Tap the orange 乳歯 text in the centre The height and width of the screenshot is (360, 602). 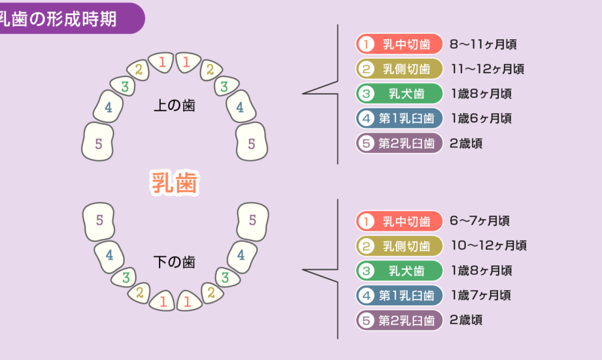174,182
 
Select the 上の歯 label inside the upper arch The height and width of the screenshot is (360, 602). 174,105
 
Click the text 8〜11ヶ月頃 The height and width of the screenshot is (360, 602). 484,44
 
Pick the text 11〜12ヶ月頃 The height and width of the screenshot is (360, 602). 487,69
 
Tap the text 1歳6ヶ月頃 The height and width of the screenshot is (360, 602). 481,118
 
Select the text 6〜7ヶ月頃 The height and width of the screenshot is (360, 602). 480,221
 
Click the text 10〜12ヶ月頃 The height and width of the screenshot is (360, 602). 488,246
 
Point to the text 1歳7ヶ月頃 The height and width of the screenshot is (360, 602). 481,295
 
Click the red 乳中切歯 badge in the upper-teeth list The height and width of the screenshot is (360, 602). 399,44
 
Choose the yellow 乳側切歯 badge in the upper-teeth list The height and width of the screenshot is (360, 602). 399,69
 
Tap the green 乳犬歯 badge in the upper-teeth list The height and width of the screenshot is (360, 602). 399,93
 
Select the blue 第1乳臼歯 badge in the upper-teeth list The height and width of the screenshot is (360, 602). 399,118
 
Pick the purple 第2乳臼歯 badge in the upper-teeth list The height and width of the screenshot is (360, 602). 399,143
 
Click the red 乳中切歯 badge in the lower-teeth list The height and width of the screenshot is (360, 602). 399,221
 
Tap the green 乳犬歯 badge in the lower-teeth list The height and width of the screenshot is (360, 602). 399,270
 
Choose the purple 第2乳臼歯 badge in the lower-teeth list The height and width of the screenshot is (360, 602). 399,320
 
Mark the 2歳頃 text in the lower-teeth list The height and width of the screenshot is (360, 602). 466,320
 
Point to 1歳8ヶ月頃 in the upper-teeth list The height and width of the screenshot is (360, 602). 481,93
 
